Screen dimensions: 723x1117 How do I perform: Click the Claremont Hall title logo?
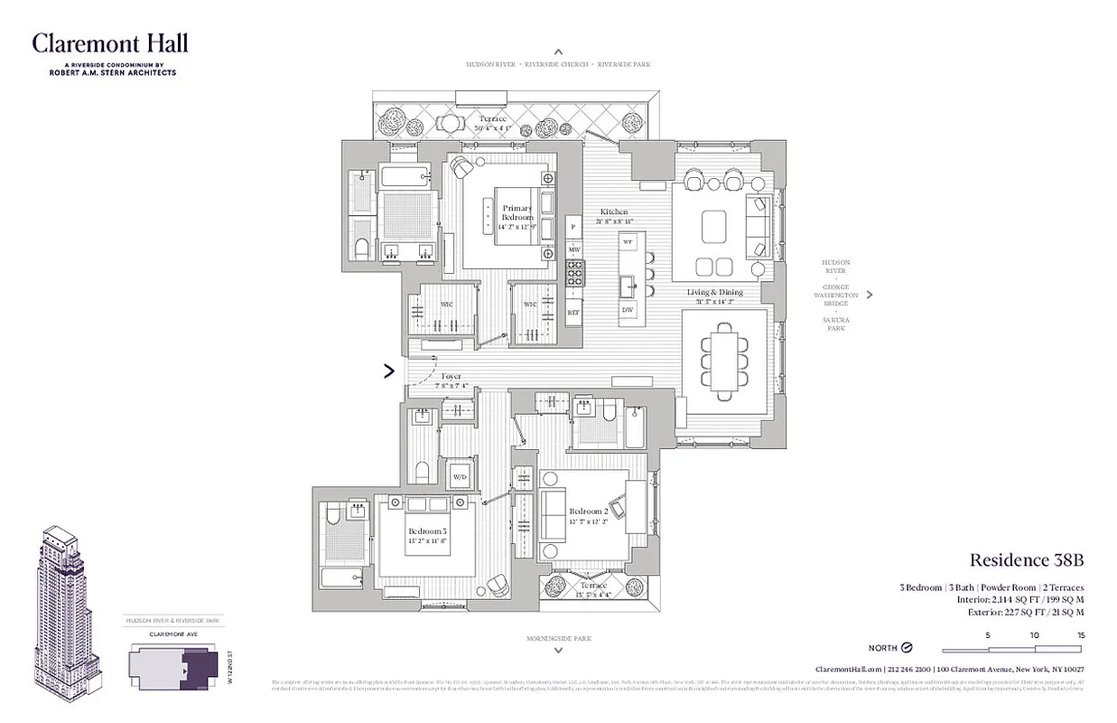tap(110, 43)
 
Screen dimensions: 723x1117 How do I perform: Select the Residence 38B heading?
tap(1026, 561)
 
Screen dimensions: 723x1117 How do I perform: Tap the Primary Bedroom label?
tap(517, 213)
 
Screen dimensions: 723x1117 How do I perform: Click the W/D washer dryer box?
tap(460, 476)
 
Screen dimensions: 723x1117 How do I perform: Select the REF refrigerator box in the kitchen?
tap(573, 313)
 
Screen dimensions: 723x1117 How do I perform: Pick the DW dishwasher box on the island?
tap(628, 311)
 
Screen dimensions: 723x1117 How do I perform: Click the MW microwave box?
tap(573, 249)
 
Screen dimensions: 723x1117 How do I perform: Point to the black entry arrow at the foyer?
tap(390, 370)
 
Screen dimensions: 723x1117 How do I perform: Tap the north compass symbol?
tap(907, 648)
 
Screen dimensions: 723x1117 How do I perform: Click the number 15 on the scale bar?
tap(1080, 635)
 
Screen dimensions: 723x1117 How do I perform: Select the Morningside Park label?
tap(558, 639)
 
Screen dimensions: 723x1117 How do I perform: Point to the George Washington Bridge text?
tap(835, 296)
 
